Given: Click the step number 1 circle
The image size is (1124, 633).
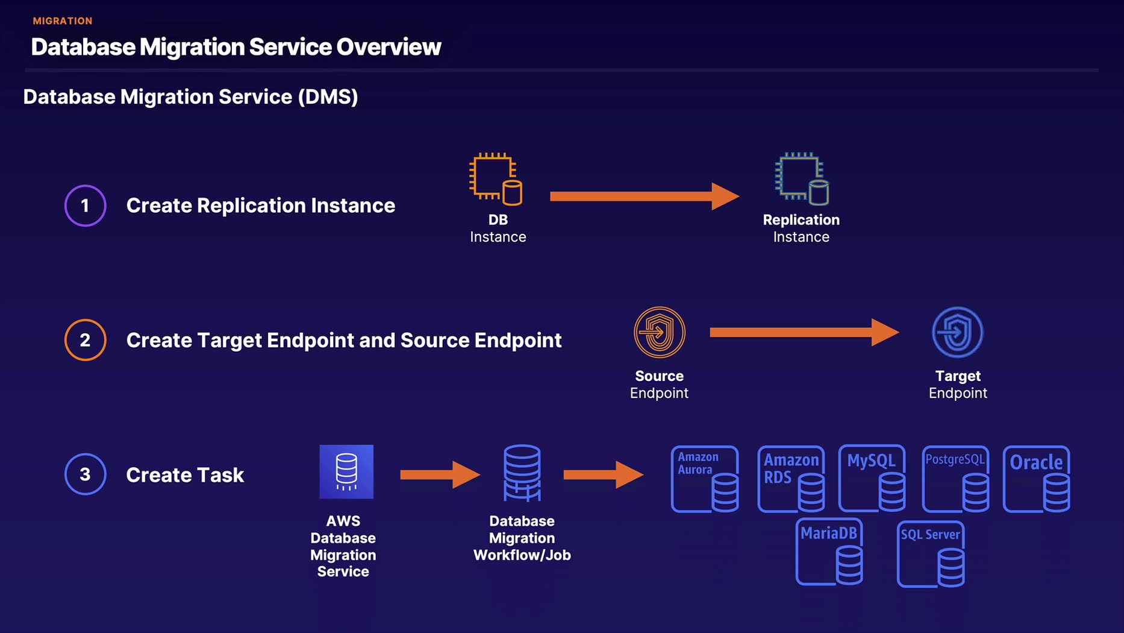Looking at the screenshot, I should (x=85, y=206).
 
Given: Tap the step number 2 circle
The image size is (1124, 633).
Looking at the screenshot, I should (x=85, y=340).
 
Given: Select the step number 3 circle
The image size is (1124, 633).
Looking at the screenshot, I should (x=85, y=474).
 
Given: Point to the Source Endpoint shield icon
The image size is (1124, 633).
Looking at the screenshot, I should (x=659, y=332).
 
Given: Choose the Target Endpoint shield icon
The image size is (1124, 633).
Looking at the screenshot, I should (x=957, y=332).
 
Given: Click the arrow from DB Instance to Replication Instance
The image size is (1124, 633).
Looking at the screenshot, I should (x=643, y=196).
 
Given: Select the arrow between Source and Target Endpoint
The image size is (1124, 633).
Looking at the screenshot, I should (x=804, y=332).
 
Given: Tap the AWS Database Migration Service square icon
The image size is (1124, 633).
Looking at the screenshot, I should (x=346, y=471).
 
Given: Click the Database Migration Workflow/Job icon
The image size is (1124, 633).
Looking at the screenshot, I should (x=522, y=473).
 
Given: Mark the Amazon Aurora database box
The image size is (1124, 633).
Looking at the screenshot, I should (x=705, y=479).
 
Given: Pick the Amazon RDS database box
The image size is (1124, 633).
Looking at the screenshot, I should (x=791, y=479).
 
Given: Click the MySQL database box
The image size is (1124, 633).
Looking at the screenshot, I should (x=872, y=479).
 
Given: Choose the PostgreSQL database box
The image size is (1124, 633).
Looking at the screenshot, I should (x=955, y=479).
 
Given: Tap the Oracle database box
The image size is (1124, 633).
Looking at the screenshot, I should (x=1036, y=479).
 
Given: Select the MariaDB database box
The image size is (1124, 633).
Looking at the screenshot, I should (x=829, y=552).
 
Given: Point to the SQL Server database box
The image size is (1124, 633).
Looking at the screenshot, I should (x=931, y=554).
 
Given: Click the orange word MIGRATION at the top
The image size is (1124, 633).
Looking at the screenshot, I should (x=63, y=21).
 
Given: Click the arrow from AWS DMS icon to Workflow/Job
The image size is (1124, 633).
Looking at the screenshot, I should (x=439, y=475).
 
